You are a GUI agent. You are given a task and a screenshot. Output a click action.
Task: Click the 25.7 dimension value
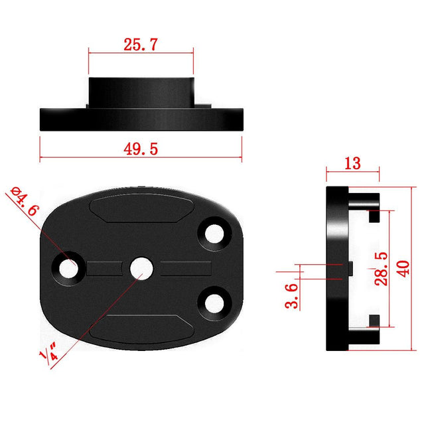[141, 46]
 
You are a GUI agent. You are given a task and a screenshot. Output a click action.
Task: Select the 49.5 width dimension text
[140, 149]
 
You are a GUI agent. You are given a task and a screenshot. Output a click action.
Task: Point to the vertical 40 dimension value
[403, 268]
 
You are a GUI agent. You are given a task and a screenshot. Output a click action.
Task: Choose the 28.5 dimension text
[381, 268]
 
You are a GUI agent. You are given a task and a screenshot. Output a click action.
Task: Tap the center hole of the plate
[139, 267]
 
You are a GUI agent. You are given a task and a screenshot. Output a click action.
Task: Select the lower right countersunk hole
[215, 303]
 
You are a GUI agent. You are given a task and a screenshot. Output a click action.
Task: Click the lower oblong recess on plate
[141, 328]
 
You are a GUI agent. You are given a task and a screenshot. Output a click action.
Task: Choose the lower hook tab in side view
[368, 332]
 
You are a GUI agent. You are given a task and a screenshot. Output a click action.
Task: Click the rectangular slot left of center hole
[105, 268]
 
